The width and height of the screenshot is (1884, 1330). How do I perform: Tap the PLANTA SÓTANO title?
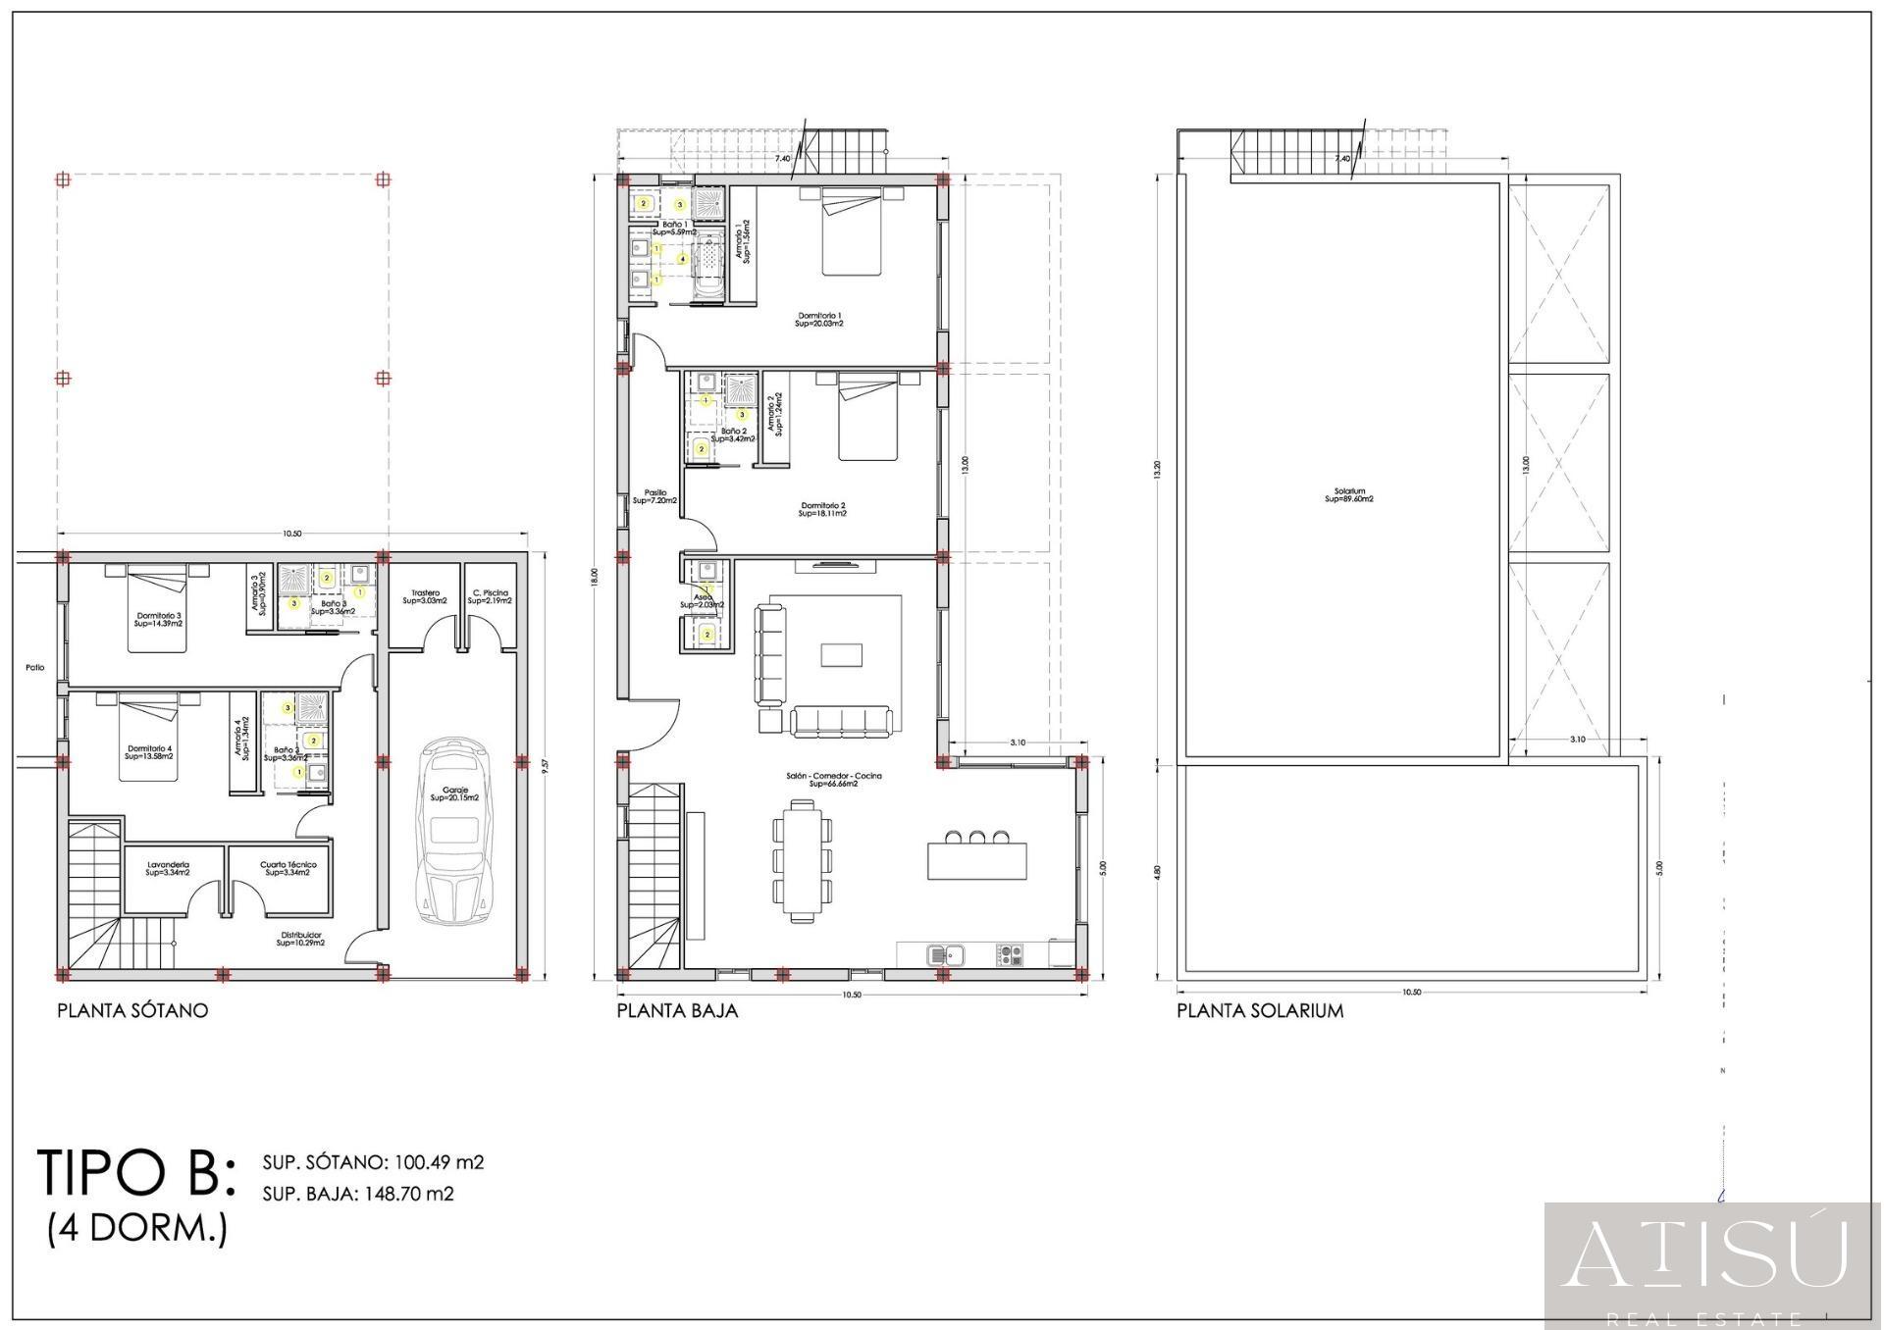tap(132, 1010)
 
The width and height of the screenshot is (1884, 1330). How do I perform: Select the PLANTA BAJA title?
tap(677, 1010)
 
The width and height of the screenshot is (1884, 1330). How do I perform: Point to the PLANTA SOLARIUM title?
tap(1260, 1010)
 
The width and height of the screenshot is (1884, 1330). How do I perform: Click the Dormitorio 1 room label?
tap(819, 319)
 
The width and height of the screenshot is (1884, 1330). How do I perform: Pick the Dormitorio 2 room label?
tap(822, 509)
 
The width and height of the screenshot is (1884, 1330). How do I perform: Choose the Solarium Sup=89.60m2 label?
tap(1349, 495)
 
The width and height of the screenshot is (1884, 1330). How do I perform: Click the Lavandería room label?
tap(168, 868)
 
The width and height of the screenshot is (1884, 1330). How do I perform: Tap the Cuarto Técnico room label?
tap(288, 868)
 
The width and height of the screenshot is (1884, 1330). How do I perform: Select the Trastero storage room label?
tap(425, 596)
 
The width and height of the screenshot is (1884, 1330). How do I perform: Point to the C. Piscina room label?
tap(490, 596)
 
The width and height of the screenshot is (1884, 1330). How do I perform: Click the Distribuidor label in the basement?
tap(300, 939)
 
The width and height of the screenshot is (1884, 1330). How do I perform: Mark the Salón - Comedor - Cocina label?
tap(834, 780)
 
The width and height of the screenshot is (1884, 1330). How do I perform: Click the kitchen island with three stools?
tap(977, 860)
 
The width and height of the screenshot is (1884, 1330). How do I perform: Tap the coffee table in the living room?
tap(842, 654)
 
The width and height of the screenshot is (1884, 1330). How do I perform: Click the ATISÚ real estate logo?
tap(1711, 1257)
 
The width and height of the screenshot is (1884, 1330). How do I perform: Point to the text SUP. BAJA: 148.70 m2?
tap(358, 1194)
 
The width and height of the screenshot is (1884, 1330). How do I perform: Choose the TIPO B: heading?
tap(136, 1172)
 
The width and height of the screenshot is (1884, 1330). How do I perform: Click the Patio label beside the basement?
tap(35, 668)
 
